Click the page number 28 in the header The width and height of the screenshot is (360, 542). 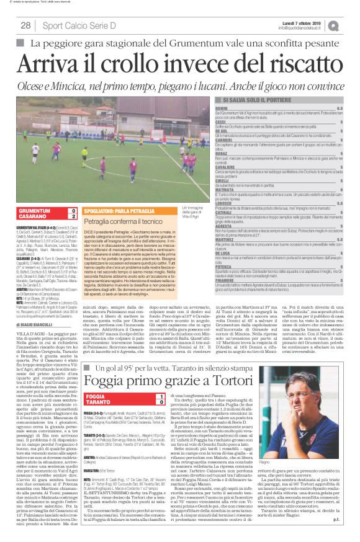pos(25,25)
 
